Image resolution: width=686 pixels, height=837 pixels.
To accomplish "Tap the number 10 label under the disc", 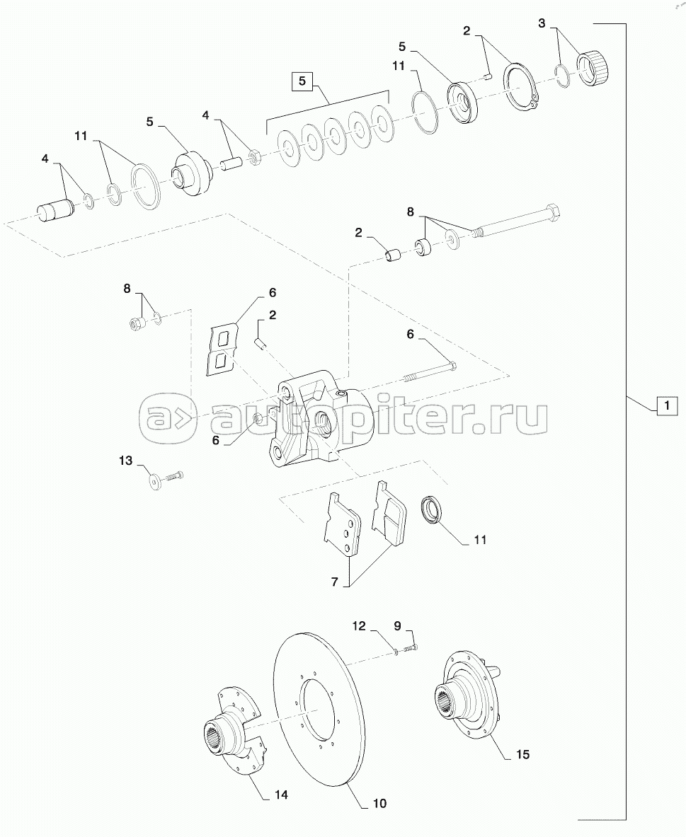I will pos(379,803).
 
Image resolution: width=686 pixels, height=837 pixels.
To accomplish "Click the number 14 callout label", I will pos(280,795).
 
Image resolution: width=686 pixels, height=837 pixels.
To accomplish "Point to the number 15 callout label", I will pos(522,755).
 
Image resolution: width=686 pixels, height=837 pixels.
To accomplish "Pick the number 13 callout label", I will pos(125,461).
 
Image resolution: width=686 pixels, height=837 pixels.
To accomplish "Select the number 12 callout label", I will pos(359,625).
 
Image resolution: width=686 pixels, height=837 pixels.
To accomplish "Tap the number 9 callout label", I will pos(397,625).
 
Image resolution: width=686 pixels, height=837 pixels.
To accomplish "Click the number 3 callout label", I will pos(542,23).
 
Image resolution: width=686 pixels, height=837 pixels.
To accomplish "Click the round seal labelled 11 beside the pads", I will pos(431,509).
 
